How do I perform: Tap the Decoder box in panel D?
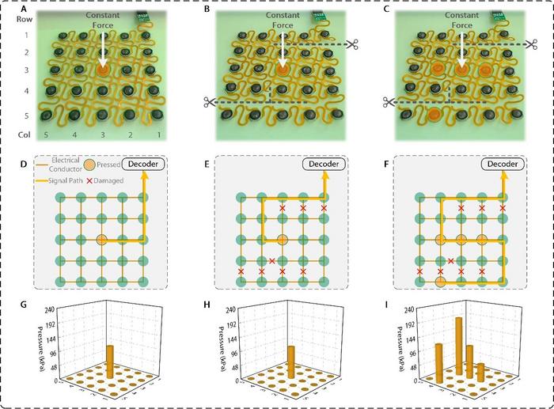pos(145,165)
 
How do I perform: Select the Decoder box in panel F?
pos(503,165)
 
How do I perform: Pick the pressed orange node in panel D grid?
pos(101,239)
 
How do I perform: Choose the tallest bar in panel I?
pos(458,346)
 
